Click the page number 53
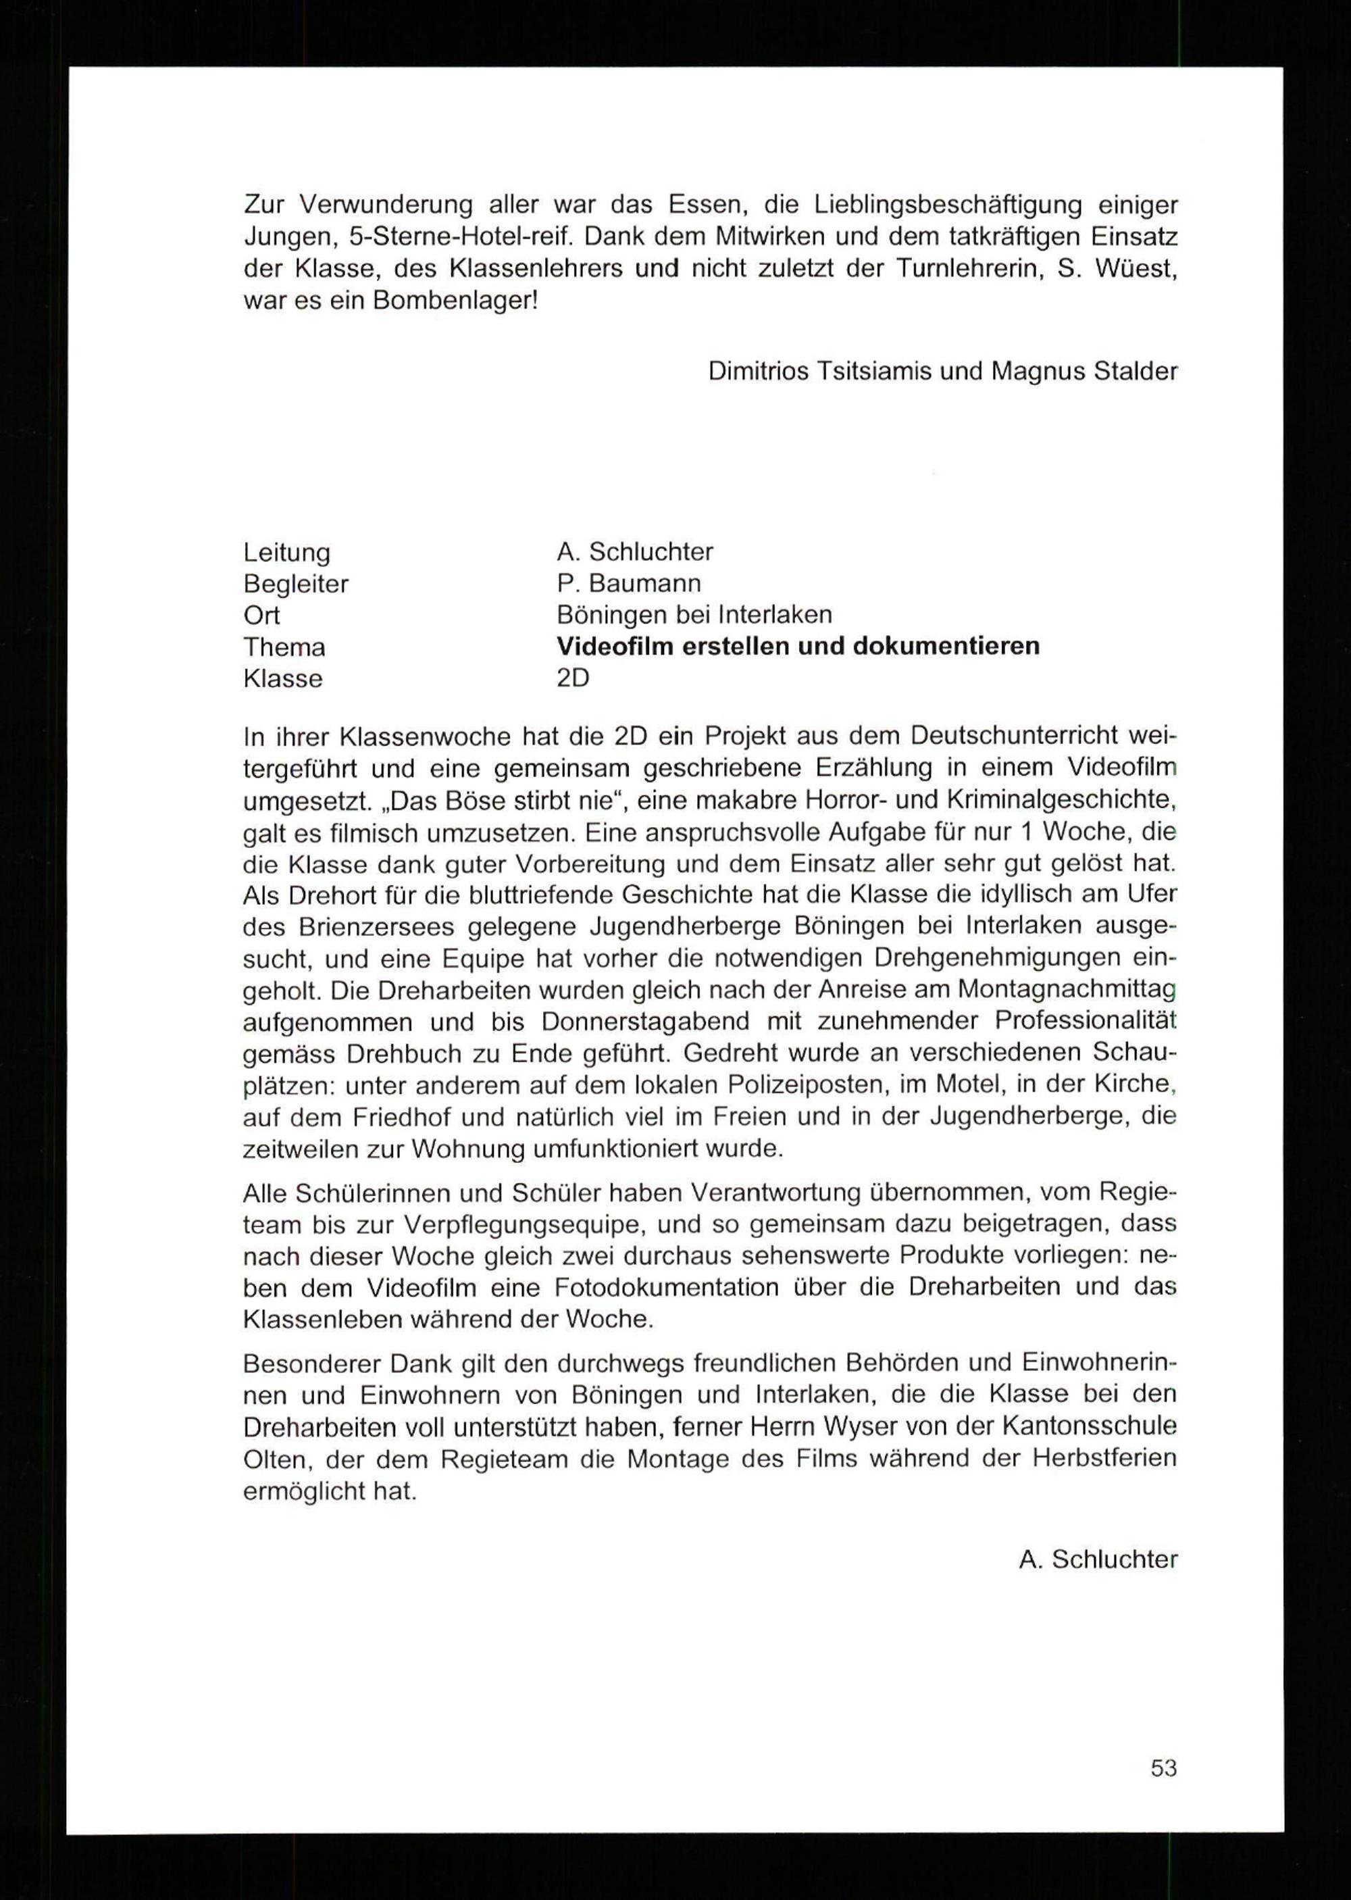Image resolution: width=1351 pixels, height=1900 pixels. pyautogui.click(x=1163, y=1768)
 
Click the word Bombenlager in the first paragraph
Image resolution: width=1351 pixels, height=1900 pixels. pyautogui.click(x=455, y=300)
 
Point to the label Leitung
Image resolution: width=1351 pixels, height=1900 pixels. pyautogui.click(x=286, y=552)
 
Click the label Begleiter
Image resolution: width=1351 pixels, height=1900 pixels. pyautogui.click(x=295, y=584)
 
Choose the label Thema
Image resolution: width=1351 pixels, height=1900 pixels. pyautogui.click(x=284, y=647)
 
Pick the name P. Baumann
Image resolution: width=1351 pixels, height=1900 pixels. pyautogui.click(x=629, y=583)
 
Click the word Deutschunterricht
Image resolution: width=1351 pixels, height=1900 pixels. pyautogui.click(x=1014, y=736)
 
